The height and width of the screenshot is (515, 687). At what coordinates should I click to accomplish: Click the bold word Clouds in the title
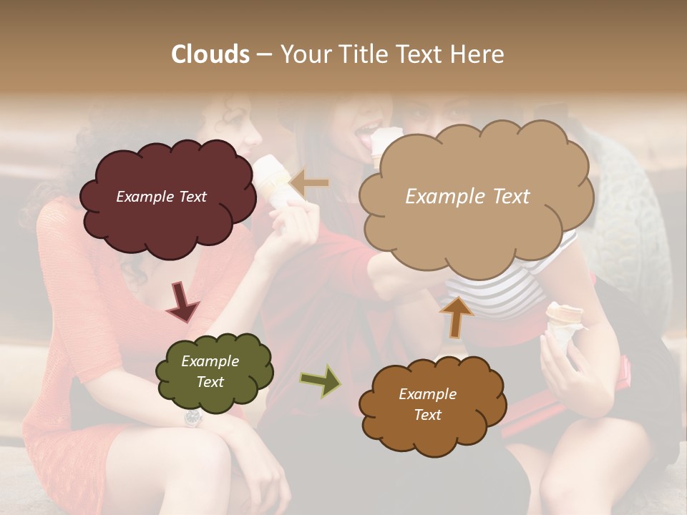[210, 54]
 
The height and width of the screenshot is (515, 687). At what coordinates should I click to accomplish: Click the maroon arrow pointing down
[182, 302]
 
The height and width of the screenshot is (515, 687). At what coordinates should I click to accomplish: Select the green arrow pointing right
[321, 381]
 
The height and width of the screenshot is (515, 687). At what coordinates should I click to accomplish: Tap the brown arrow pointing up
[456, 316]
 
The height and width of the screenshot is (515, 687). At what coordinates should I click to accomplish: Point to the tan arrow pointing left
[309, 184]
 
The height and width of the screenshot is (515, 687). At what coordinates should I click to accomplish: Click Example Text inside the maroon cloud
[161, 197]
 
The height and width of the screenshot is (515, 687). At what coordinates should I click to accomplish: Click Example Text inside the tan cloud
[467, 197]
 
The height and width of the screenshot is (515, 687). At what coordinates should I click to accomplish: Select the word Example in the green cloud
[210, 361]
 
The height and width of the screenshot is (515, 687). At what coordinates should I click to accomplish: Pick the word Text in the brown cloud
[427, 415]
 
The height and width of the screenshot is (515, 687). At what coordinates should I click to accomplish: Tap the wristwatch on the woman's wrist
[193, 417]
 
